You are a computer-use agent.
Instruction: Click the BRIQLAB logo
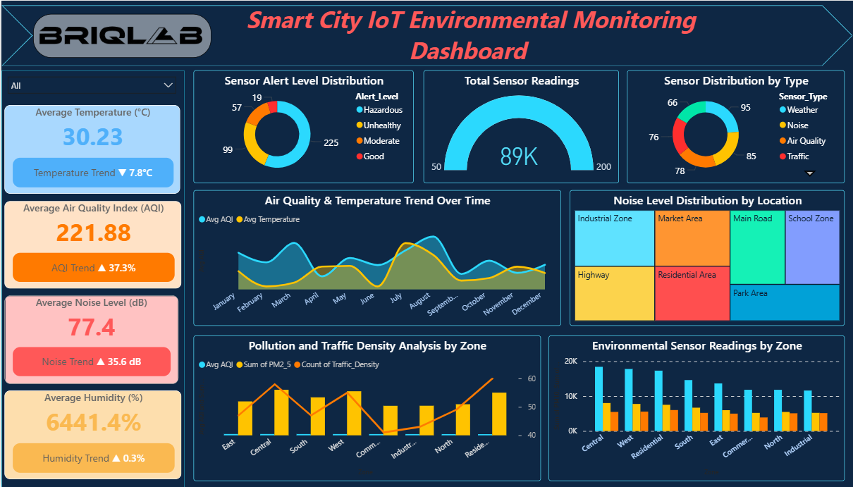pyautogui.click(x=122, y=36)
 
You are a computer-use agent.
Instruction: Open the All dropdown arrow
pyautogui.click(x=168, y=85)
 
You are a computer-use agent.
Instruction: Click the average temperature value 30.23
pyautogui.click(x=92, y=137)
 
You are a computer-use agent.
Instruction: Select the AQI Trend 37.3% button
pyautogui.click(x=93, y=268)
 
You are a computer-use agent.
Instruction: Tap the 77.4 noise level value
pyautogui.click(x=92, y=328)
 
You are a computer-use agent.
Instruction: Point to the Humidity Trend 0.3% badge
pyautogui.click(x=93, y=458)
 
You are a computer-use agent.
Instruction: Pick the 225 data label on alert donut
pyautogui.click(x=331, y=142)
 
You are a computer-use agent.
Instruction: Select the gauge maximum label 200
pyautogui.click(x=604, y=167)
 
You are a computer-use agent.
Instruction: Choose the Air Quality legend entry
pyautogui.click(x=806, y=141)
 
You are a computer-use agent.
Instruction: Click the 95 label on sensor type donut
pyautogui.click(x=746, y=108)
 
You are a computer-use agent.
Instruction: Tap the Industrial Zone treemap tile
pyautogui.click(x=615, y=238)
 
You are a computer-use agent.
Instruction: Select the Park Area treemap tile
pyautogui.click(x=785, y=302)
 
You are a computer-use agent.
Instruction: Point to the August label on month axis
pyautogui.click(x=420, y=302)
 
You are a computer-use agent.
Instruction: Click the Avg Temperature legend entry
pyautogui.click(x=271, y=219)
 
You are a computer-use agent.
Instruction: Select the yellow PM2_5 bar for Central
pyautogui.click(x=281, y=412)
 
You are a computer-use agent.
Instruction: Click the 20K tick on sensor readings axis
pyautogui.click(x=570, y=362)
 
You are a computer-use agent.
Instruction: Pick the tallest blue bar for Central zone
pyautogui.click(x=599, y=399)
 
